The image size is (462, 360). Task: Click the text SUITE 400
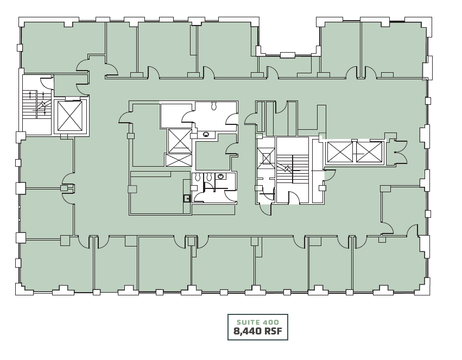click(257, 322)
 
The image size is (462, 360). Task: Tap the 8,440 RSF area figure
click(257, 331)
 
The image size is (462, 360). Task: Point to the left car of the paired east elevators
click(338, 151)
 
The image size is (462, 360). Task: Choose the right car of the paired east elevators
click(369, 151)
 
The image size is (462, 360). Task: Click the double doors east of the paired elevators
click(401, 151)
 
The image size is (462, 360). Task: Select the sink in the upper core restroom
click(206, 134)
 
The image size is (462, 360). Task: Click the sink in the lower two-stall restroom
click(221, 176)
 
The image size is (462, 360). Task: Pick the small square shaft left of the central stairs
click(266, 159)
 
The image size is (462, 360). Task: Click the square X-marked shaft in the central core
click(179, 140)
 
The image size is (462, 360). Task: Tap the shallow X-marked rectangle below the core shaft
click(178, 160)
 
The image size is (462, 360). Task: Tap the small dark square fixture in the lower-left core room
click(187, 198)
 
